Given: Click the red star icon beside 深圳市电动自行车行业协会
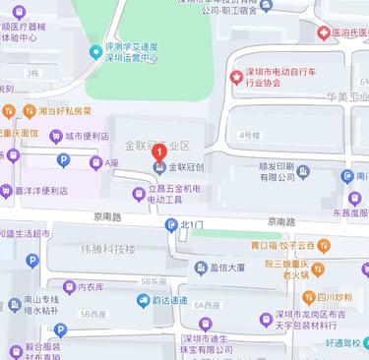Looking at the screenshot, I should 235,77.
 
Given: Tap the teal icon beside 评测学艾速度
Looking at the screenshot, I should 95,48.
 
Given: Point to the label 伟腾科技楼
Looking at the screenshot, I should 108,249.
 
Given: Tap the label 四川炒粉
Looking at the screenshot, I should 335,297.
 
